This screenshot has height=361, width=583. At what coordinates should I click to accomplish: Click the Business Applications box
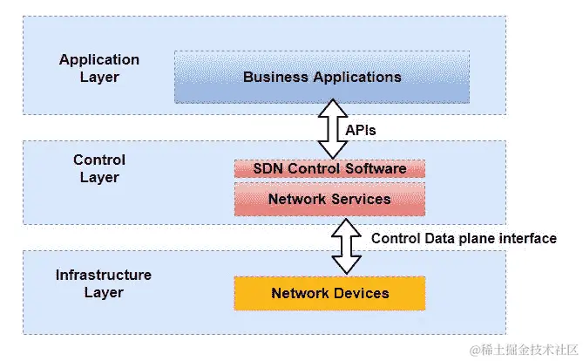tap(322, 77)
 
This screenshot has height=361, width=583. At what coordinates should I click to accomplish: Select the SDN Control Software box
tap(329, 168)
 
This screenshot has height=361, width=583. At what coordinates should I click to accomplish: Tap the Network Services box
tap(329, 200)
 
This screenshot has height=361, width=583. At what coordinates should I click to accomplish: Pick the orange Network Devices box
tap(329, 293)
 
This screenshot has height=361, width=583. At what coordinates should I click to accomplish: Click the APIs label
tap(360, 130)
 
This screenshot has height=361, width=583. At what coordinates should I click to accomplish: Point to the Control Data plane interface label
tap(464, 238)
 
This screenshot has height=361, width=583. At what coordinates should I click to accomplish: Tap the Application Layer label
tap(98, 68)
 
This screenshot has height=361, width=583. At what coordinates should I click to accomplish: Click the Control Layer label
tap(98, 168)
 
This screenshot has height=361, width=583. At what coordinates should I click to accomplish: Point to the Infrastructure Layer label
tap(103, 283)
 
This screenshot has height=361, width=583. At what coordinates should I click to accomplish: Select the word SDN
tap(267, 168)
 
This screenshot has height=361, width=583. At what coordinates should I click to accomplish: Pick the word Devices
tap(362, 293)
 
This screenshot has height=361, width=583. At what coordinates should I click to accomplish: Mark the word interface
tap(528, 238)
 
